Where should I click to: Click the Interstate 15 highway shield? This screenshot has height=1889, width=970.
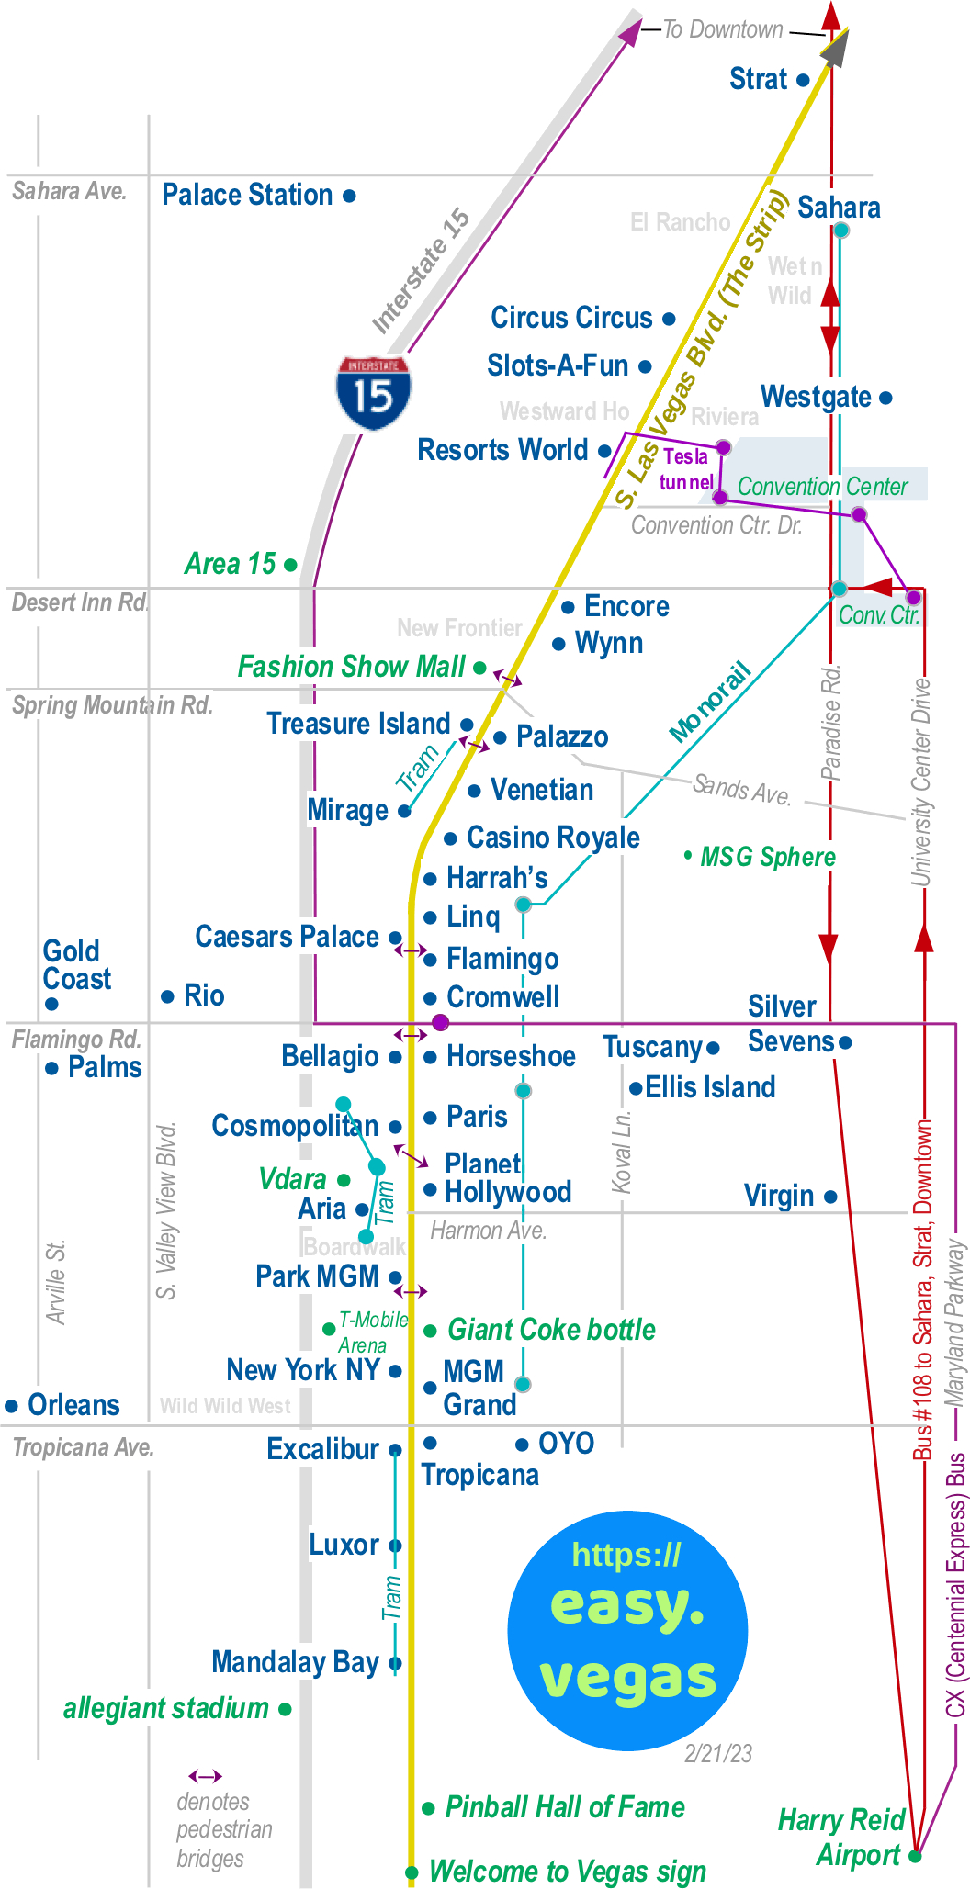(373, 393)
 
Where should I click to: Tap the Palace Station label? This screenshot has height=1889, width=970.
(247, 196)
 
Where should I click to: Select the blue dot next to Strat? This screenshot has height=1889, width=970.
(803, 81)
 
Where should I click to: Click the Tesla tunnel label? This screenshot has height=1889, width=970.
(686, 469)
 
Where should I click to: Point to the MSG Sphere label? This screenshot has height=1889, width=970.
(767, 858)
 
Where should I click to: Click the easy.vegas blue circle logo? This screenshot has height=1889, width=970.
(627, 1630)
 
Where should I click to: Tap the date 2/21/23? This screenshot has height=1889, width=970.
(718, 1754)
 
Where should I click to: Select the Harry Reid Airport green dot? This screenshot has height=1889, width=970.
(915, 1856)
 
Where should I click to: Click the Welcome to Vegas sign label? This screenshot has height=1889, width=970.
(567, 1872)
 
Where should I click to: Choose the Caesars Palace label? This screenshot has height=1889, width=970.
(287, 938)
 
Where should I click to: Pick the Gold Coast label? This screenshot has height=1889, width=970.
(76, 965)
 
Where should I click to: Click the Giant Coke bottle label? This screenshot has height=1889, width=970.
(551, 1330)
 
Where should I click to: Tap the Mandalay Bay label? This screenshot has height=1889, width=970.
(295, 1662)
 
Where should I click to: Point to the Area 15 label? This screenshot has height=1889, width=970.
(230, 564)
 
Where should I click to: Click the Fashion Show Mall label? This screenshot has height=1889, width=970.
(351, 667)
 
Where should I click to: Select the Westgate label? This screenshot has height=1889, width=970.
(816, 398)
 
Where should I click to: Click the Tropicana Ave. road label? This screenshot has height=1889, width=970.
(84, 1448)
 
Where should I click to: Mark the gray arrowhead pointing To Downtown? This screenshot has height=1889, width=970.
(834, 49)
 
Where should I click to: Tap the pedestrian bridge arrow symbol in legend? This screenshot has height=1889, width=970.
(206, 1776)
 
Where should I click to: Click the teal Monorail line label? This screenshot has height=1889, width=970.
(710, 702)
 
